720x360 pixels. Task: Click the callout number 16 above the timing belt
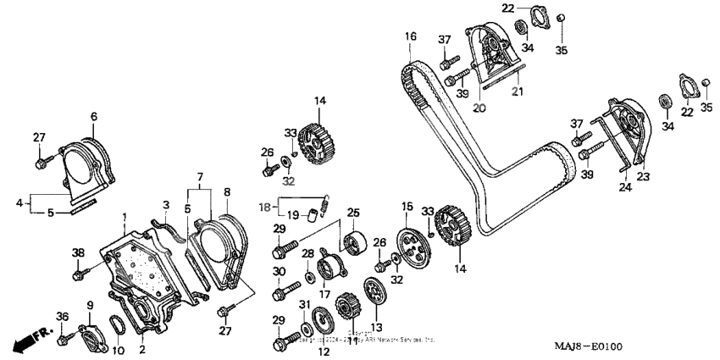coord(410,36)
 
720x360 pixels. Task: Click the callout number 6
coord(94,116)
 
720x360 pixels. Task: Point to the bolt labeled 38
coord(80,272)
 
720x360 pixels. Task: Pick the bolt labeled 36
coord(64,340)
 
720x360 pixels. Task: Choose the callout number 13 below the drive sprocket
coord(377,328)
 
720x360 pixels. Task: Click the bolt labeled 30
coord(281,295)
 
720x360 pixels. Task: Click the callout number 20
coord(479,108)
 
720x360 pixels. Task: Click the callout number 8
coord(227,192)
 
